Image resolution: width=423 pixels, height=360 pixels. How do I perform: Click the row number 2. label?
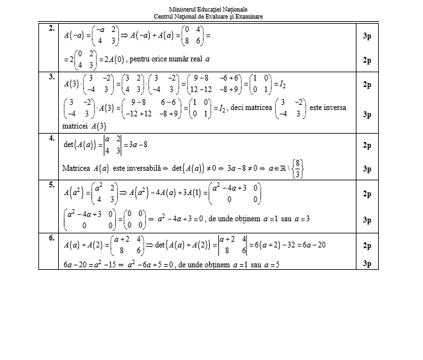(x=51, y=29)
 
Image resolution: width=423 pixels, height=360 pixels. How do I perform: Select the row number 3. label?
(x=51, y=77)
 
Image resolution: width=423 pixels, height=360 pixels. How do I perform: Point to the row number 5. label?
(x=51, y=185)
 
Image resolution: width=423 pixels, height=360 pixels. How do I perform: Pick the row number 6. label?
(x=51, y=237)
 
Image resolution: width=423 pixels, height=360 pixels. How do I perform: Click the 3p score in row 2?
(x=367, y=36)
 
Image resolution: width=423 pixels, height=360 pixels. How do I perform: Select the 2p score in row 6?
(x=367, y=245)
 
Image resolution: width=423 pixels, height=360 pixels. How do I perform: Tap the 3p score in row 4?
(x=367, y=169)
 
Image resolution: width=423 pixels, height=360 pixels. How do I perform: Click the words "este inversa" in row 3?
(x=327, y=107)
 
